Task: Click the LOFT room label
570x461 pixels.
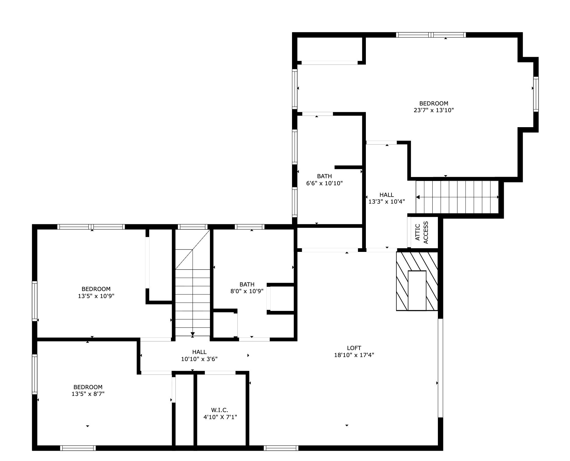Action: (354, 348)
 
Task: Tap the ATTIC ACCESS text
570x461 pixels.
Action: (422, 232)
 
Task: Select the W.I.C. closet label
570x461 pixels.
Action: (219, 410)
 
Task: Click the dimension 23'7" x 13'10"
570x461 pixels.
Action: (434, 110)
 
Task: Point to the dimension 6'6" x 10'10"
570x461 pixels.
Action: (324, 183)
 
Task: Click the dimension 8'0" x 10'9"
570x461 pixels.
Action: (247, 291)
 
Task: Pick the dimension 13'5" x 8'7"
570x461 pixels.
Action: (88, 394)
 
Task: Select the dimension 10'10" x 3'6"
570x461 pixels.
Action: (199, 359)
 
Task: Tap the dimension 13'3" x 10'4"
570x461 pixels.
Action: (387, 202)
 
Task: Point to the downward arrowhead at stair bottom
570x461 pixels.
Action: (193, 334)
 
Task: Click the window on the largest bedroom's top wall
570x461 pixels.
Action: (431, 35)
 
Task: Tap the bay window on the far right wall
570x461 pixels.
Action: (536, 94)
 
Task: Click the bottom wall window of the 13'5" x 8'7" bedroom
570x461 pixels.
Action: (78, 448)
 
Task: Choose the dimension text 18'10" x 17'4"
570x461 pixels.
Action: (354, 355)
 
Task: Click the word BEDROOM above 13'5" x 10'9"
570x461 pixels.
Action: (96, 289)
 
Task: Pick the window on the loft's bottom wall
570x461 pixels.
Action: (281, 448)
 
